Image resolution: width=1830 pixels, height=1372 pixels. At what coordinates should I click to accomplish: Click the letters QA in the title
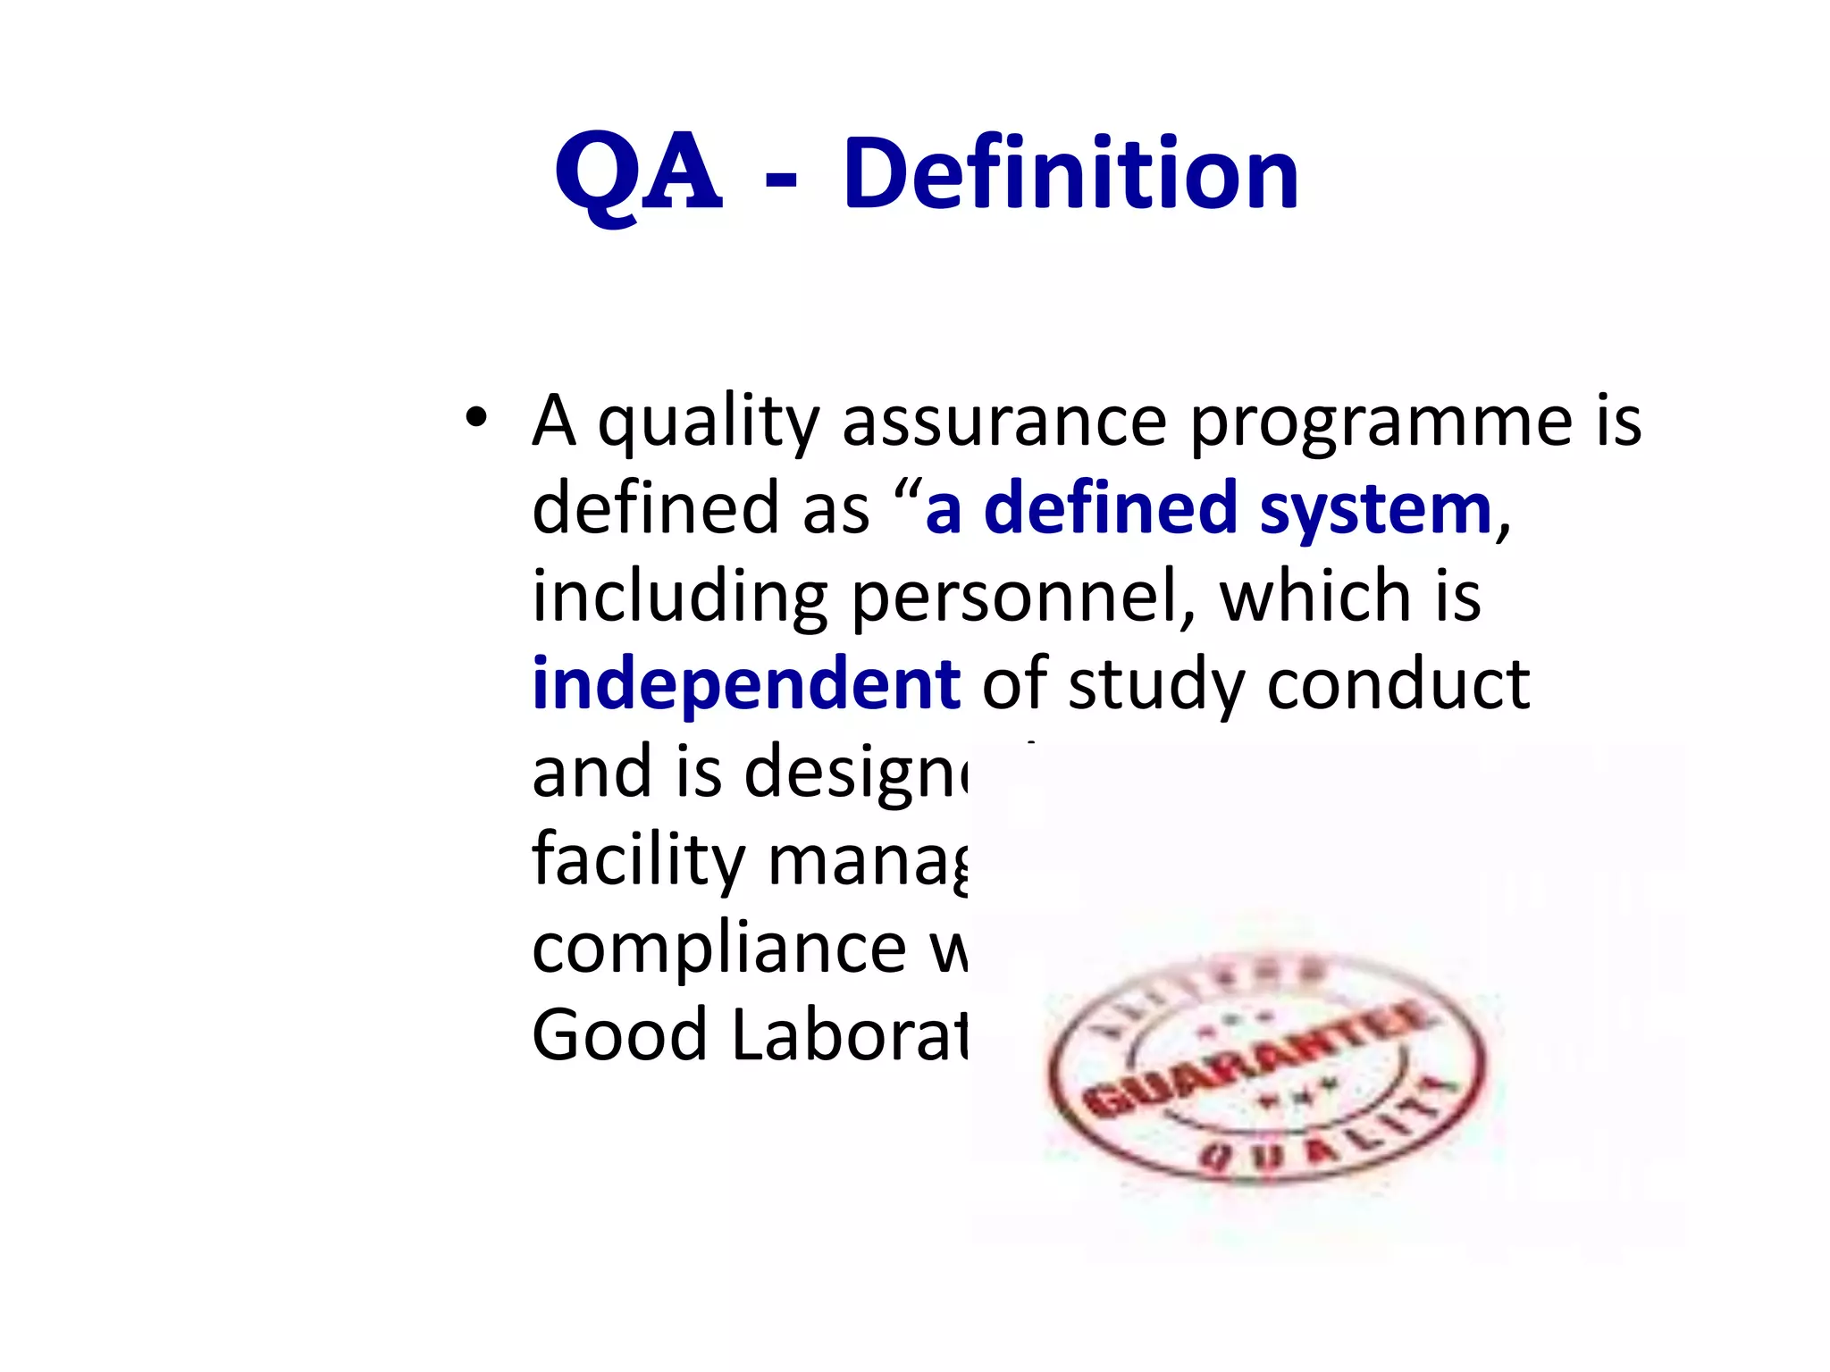(x=638, y=173)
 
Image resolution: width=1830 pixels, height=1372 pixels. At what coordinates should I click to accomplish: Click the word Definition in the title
(x=1070, y=173)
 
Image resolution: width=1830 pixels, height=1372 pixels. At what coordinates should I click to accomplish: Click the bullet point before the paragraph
(x=476, y=417)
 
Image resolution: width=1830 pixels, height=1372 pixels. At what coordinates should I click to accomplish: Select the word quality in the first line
(x=708, y=423)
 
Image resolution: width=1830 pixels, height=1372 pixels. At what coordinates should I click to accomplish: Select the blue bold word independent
(x=745, y=685)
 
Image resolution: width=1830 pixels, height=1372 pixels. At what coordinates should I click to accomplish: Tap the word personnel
(x=1023, y=597)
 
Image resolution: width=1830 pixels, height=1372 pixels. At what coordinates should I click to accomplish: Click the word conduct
(x=1398, y=684)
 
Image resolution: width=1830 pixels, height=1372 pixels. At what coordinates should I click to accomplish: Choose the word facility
(x=638, y=860)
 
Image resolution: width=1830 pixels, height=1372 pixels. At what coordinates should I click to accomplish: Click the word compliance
(x=719, y=949)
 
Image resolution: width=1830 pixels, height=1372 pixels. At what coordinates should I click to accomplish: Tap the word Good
(x=619, y=1034)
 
